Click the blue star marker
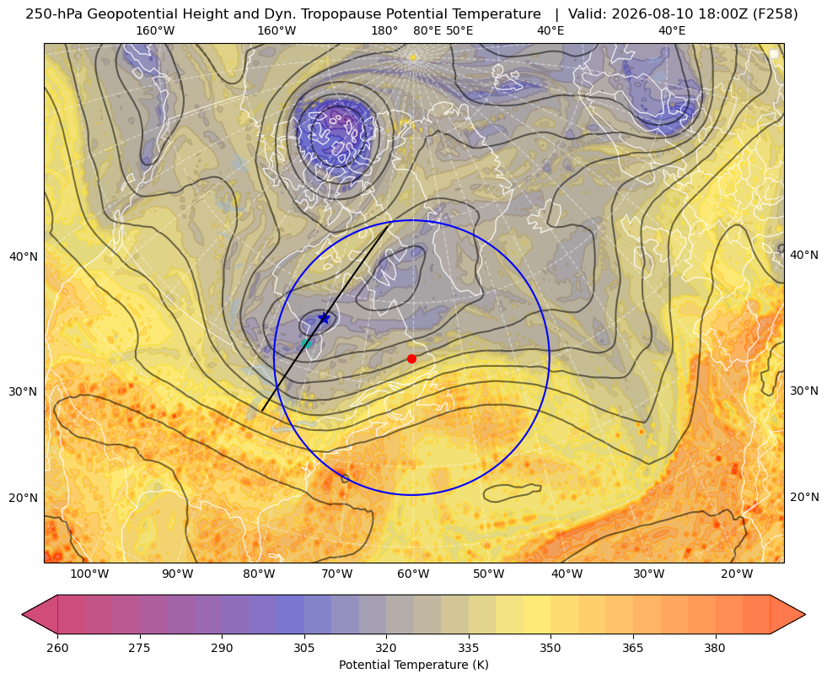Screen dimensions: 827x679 pyautogui.click(x=325, y=318)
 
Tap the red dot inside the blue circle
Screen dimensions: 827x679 pyautogui.click(x=412, y=358)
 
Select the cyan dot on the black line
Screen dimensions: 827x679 pyautogui.click(x=306, y=343)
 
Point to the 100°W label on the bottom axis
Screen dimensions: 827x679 pyautogui.click(x=89, y=574)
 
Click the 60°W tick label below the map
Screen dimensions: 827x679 pyautogui.click(x=413, y=574)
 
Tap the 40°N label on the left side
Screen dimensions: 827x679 pyautogui.click(x=24, y=256)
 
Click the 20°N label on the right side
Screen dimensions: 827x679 pyautogui.click(x=804, y=497)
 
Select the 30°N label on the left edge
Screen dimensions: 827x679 pyautogui.click(x=24, y=391)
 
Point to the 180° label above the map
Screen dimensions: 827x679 pyautogui.click(x=384, y=30)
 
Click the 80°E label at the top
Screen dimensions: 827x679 pyautogui.click(x=427, y=30)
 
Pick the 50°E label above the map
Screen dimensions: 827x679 pyautogui.click(x=459, y=30)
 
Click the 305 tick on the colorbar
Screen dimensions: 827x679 pyautogui.click(x=303, y=648)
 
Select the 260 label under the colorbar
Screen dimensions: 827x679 pyautogui.click(x=57, y=648)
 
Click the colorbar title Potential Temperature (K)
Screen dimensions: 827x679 pyautogui.click(x=413, y=665)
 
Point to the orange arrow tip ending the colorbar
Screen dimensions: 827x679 pyautogui.click(x=804, y=614)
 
